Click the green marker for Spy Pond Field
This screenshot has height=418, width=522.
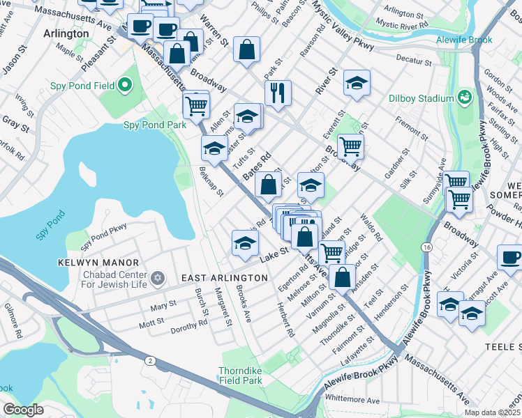[x=125, y=86]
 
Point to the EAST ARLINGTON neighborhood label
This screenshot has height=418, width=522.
[x=224, y=278]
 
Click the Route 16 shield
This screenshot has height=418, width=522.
[x=425, y=247]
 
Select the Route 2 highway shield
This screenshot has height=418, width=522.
[x=150, y=359]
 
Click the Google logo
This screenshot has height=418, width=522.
[x=23, y=410]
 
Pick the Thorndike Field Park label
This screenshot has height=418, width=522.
[x=240, y=376]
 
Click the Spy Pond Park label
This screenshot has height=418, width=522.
[x=155, y=125]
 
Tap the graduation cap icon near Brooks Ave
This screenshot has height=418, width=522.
[x=245, y=242]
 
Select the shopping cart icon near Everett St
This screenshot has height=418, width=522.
[x=350, y=146]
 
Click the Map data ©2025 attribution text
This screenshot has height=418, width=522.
[x=492, y=412]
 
